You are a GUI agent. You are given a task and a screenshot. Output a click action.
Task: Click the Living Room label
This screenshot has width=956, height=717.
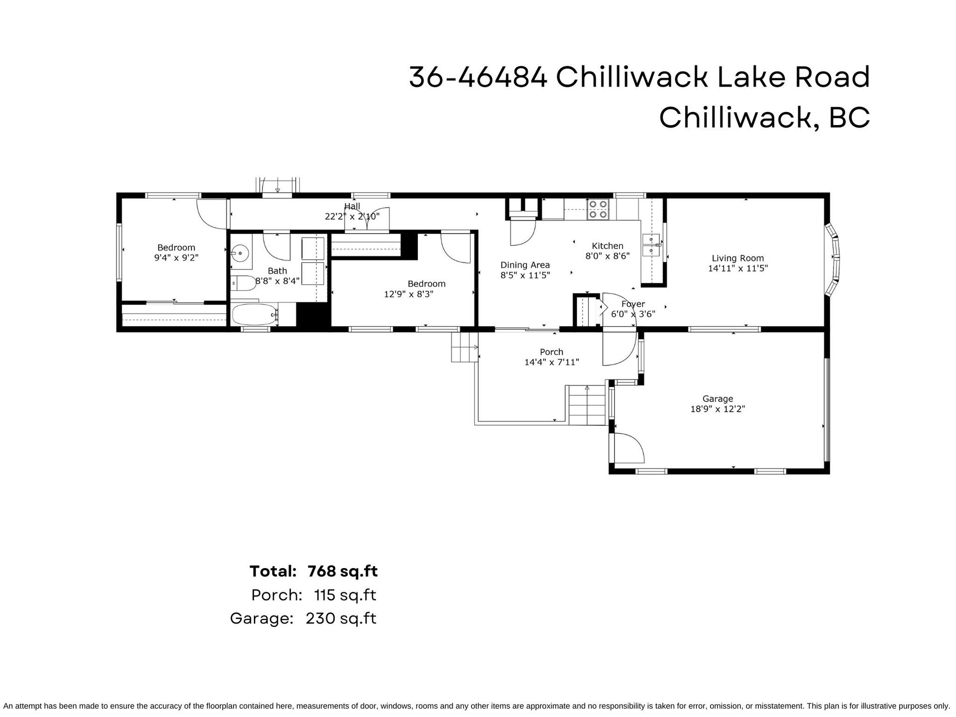point(737,258)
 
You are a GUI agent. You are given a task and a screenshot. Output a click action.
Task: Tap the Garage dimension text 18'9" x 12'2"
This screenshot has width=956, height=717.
point(717,409)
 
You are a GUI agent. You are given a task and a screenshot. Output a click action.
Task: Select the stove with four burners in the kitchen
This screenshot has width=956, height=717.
point(598,209)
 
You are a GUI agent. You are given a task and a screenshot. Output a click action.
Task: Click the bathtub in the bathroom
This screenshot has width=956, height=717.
point(254,315)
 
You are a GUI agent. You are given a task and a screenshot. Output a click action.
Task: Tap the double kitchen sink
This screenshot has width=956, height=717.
point(651,245)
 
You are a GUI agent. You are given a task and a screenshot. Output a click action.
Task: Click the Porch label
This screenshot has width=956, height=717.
point(552,352)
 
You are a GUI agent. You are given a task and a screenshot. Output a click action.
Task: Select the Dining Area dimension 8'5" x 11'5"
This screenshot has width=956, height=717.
point(525,275)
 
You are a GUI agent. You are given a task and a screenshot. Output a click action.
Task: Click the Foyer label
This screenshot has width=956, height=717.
point(633,304)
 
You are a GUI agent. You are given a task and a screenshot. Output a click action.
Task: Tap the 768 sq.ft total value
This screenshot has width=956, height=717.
point(343,571)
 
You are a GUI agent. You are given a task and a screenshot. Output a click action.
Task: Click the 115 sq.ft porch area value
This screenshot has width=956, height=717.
point(345,595)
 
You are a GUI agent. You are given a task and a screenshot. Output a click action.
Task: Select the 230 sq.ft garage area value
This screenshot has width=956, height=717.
point(341,618)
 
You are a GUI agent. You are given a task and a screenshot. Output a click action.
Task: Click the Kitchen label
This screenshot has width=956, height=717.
point(607,246)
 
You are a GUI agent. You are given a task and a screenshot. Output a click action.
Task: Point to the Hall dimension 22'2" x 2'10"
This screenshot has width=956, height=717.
point(352,217)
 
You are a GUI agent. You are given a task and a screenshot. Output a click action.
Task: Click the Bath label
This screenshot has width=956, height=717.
point(277,271)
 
